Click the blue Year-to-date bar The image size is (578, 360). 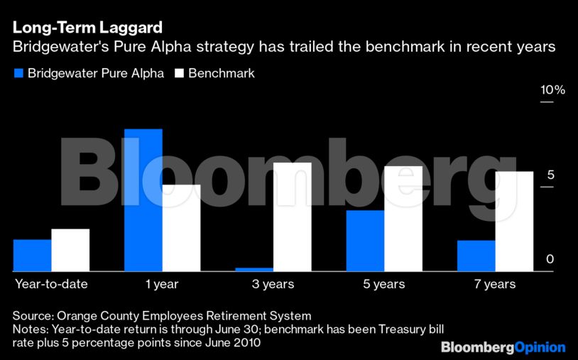point(32,256)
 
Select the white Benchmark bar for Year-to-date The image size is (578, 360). point(70,250)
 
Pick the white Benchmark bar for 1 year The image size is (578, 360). point(181,228)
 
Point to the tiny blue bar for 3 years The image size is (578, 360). point(253,269)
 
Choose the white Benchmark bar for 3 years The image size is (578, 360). point(292,217)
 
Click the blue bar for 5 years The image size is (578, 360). point(365,241)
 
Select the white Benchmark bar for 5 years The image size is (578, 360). point(403,219)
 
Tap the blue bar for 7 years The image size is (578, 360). point(476,256)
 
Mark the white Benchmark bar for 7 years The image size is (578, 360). point(514,222)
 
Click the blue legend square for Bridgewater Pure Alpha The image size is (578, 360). point(18,73)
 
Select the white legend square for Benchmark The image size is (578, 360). point(179,73)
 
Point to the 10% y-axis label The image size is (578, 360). point(552,90)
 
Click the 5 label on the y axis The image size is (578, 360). point(550,175)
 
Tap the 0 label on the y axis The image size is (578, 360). point(550,260)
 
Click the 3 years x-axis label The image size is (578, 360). point(273,284)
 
